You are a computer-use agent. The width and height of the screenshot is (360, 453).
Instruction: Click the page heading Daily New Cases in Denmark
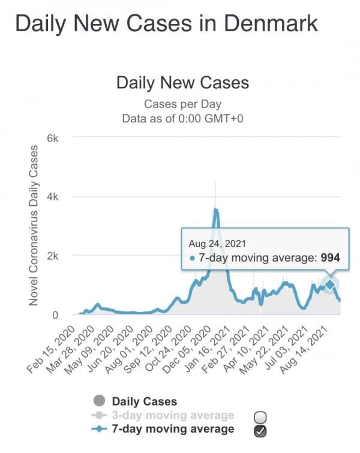click(165, 23)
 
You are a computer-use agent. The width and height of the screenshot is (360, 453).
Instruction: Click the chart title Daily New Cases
click(182, 82)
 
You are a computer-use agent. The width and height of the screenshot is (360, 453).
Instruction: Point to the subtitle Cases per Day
click(182, 104)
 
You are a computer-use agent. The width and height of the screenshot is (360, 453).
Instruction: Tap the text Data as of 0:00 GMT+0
click(182, 118)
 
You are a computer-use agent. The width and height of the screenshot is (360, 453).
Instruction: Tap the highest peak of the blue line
click(215, 209)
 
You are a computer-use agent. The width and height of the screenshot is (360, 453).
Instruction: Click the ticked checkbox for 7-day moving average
click(260, 430)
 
